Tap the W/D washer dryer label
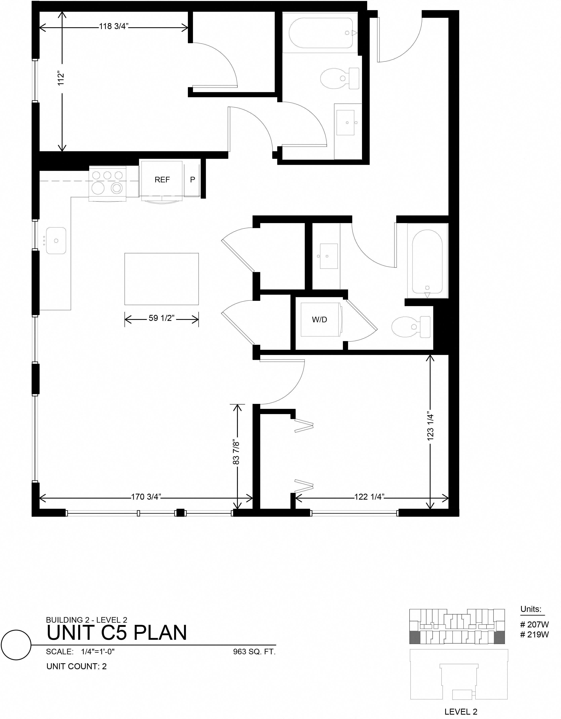click(x=319, y=319)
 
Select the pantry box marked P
click(x=192, y=180)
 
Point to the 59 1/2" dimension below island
click(x=161, y=318)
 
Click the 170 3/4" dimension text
click(x=146, y=497)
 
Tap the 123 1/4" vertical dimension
click(x=431, y=427)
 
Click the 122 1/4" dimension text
click(x=369, y=497)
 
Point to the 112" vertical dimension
click(x=61, y=79)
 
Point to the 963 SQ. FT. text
click(x=254, y=652)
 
